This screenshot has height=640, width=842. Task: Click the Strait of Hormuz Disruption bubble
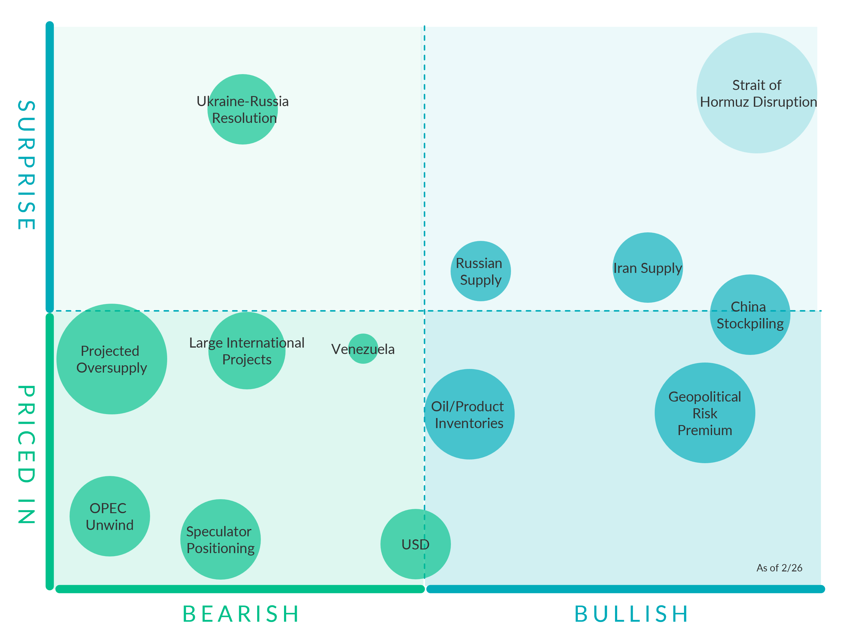click(x=756, y=93)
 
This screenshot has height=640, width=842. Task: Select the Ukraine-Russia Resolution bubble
click(x=243, y=109)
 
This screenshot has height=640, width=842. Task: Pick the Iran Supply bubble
click(x=647, y=267)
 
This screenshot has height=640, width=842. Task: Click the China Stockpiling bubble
click(x=750, y=315)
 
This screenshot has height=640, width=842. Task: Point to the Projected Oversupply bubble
click(x=111, y=359)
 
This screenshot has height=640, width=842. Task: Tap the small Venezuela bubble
click(x=363, y=349)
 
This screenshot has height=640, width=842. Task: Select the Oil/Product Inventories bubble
click(x=469, y=414)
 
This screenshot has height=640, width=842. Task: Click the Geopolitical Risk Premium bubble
click(x=704, y=413)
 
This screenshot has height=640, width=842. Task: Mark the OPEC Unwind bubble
click(x=110, y=516)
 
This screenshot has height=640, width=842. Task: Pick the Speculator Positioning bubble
click(x=220, y=539)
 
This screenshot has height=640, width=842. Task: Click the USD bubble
click(x=415, y=544)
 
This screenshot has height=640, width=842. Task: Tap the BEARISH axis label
click(x=241, y=614)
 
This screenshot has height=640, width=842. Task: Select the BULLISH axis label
click(x=631, y=614)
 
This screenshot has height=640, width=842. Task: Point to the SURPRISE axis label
click(x=27, y=165)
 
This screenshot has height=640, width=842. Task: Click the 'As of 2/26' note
click(x=779, y=568)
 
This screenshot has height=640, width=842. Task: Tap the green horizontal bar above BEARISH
click(x=240, y=589)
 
